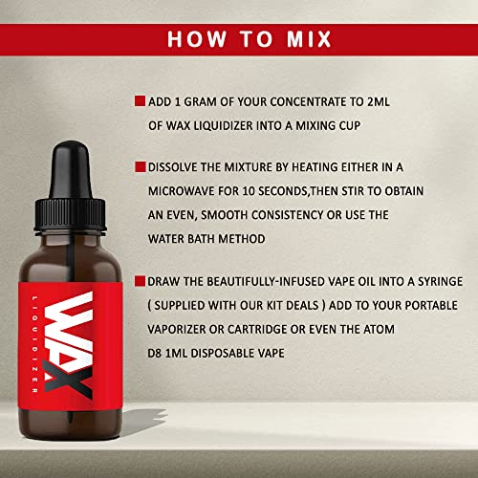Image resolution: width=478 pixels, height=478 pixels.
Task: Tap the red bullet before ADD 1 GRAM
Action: pos(140,100)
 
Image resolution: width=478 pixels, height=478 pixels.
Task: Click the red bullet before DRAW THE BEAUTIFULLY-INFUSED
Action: pos(140,281)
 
